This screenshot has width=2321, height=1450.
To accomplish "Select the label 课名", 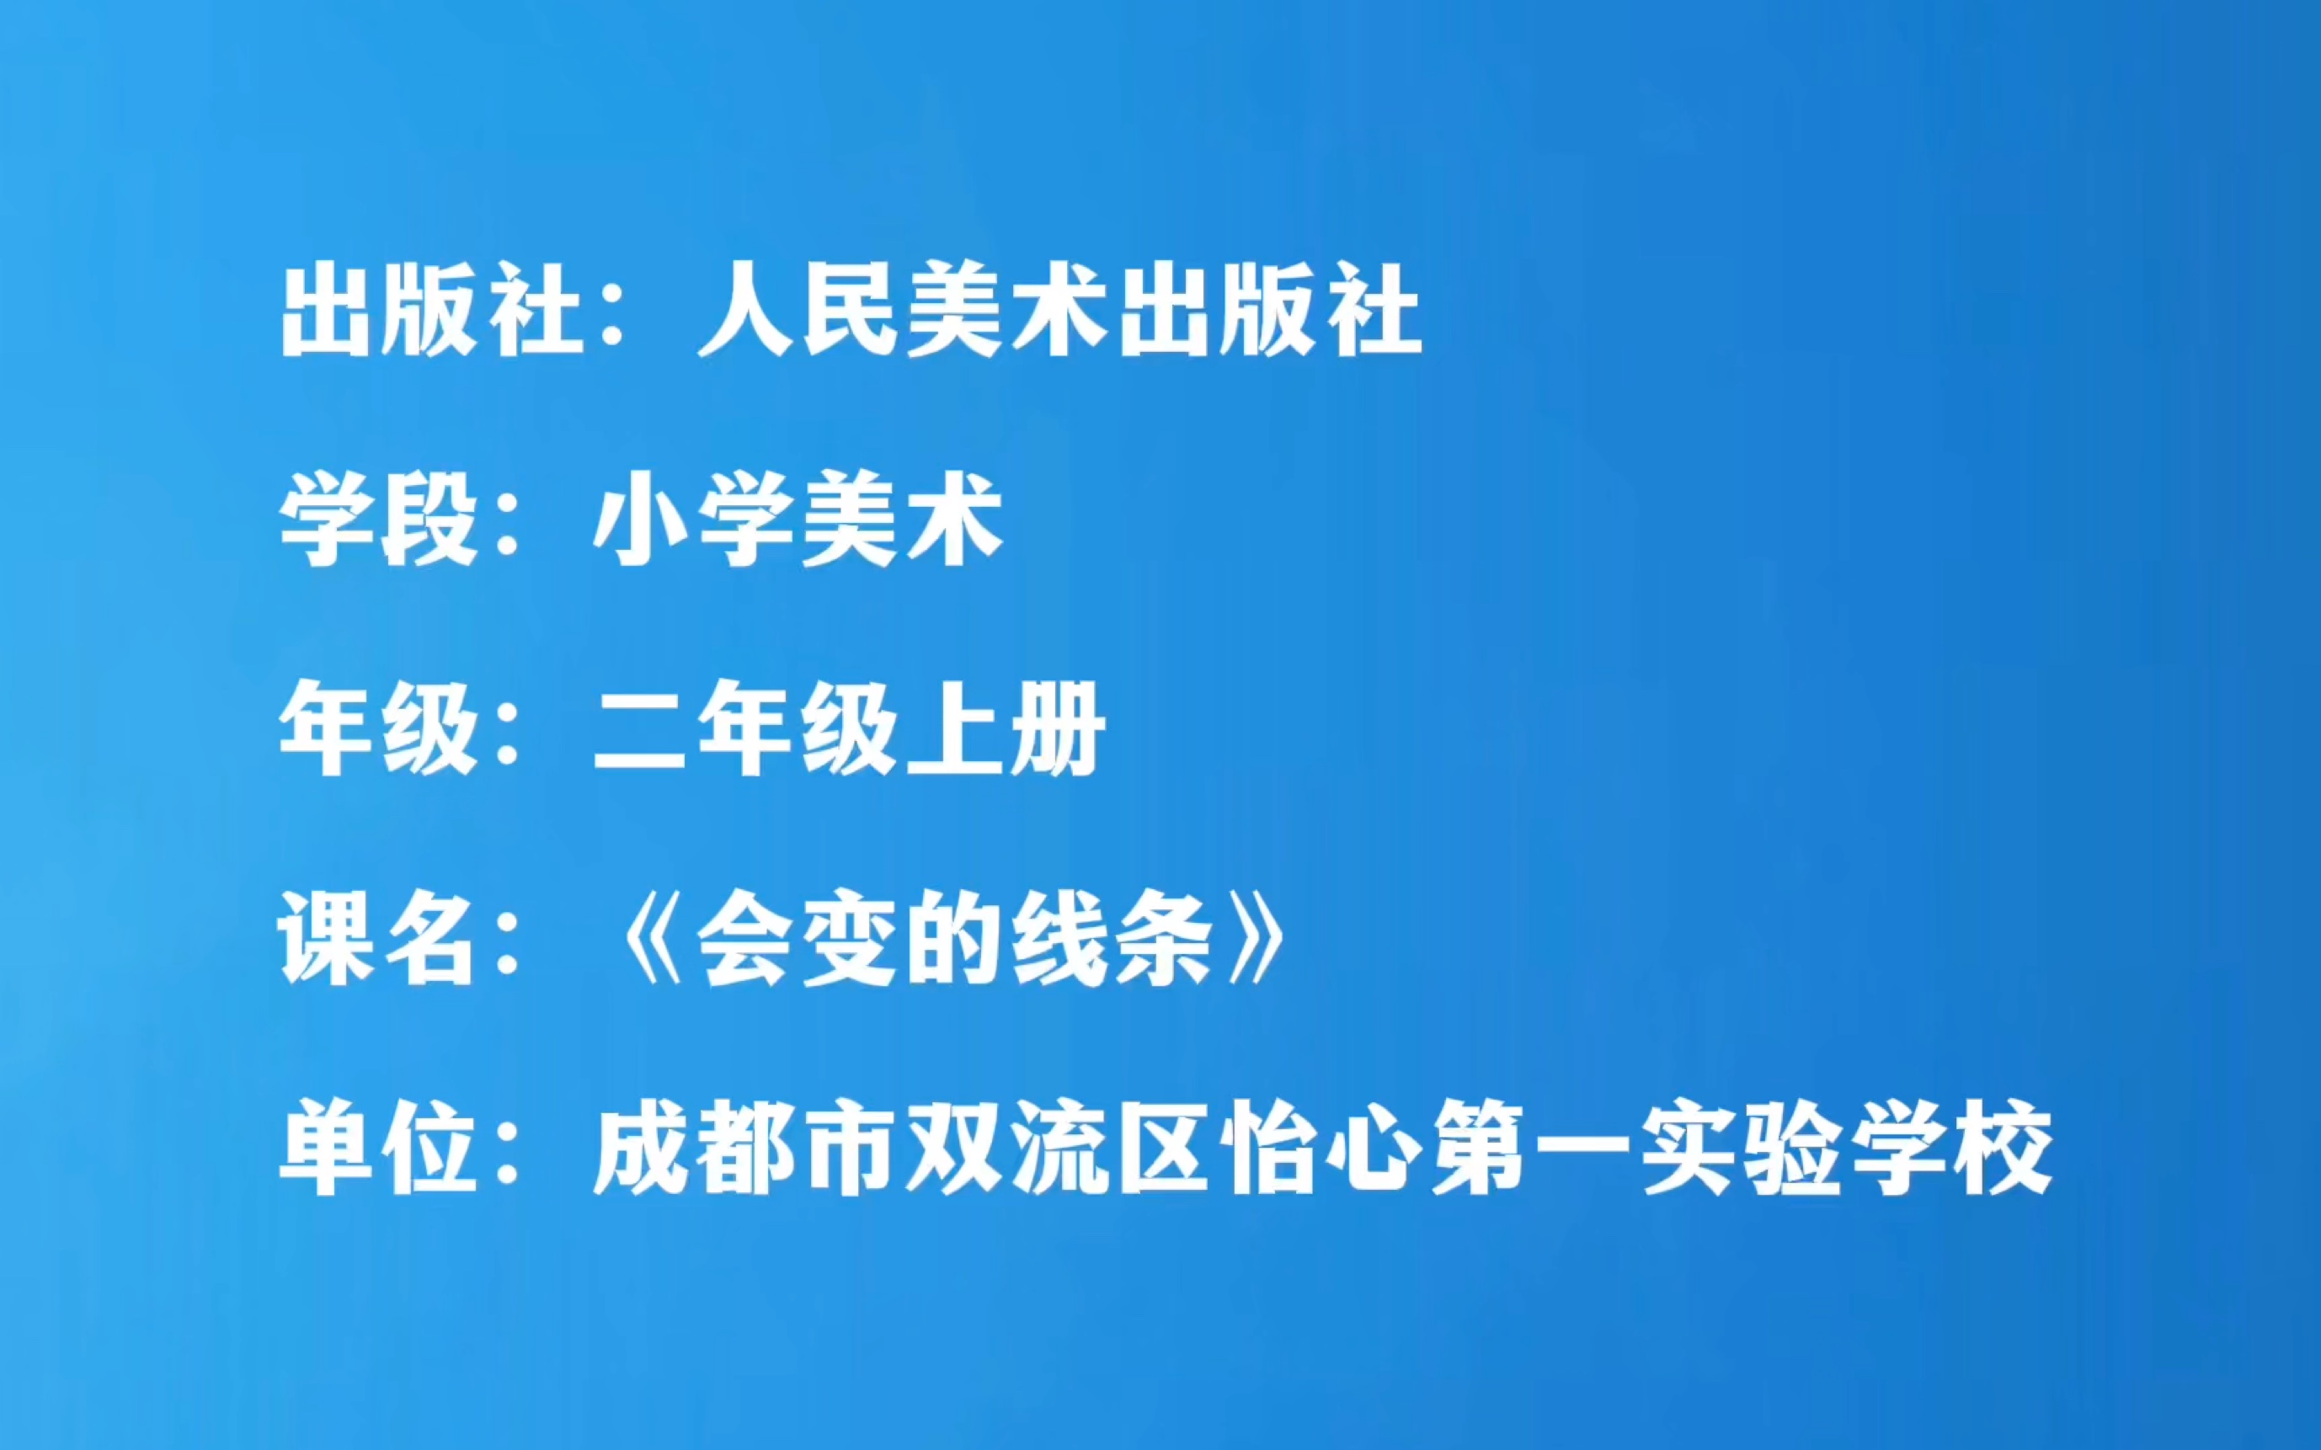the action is (379, 939).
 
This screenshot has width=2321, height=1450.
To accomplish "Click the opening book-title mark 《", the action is (651, 939).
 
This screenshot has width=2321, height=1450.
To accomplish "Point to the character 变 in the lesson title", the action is (850, 939).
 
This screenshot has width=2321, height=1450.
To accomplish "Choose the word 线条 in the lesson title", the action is (1112, 939).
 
